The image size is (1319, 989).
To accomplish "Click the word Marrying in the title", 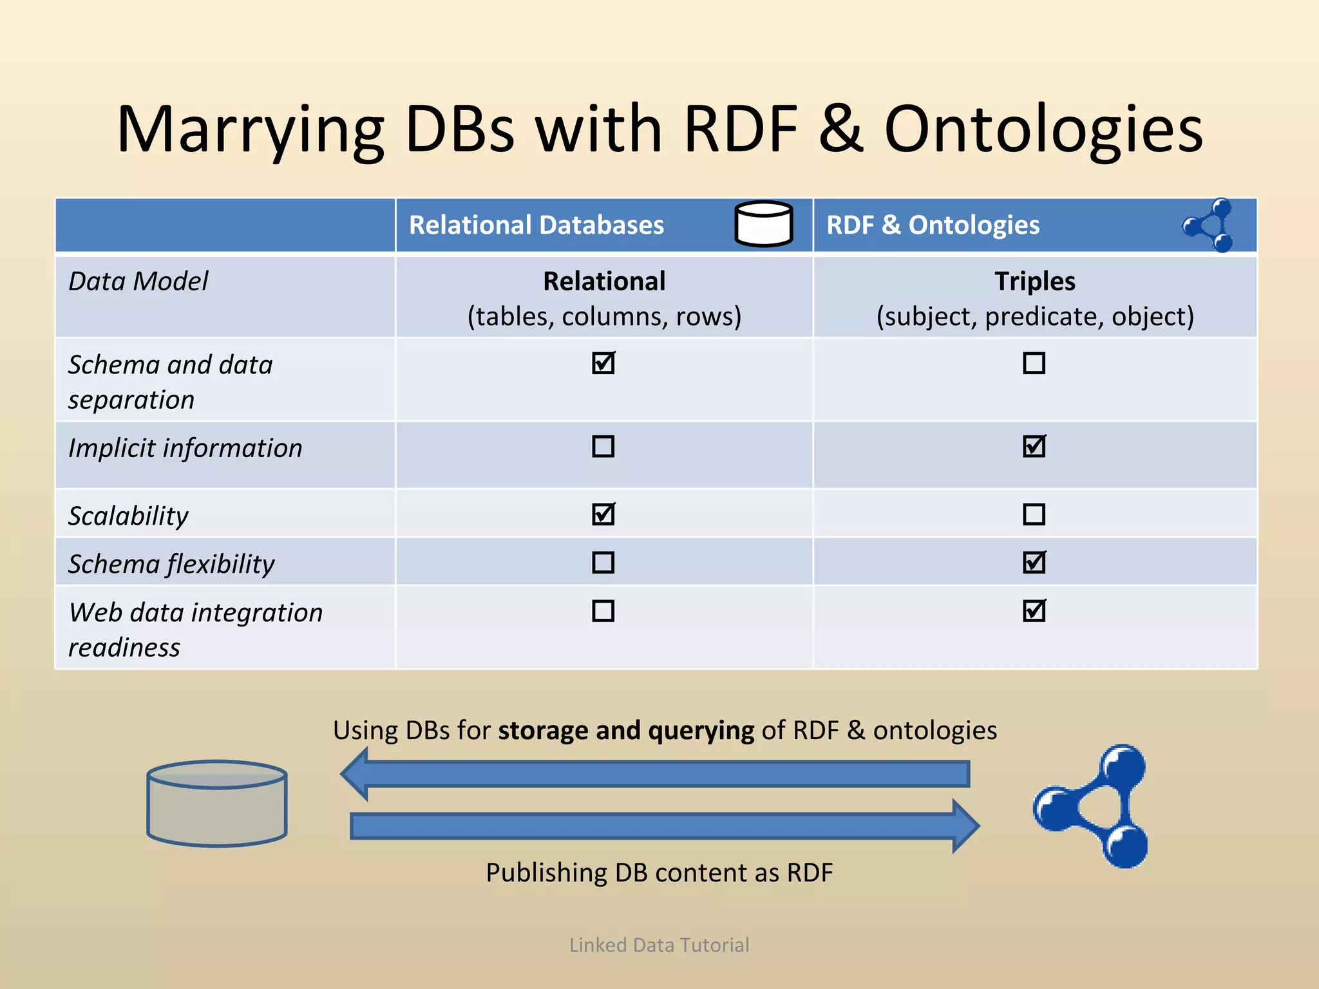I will (x=251, y=130).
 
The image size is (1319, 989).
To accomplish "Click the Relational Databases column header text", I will (x=536, y=225).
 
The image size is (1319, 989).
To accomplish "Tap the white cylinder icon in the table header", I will (x=764, y=224).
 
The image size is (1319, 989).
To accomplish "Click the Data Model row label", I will (x=138, y=281).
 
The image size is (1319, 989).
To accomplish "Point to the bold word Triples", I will (x=1034, y=281).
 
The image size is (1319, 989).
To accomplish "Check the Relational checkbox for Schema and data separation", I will (x=603, y=363).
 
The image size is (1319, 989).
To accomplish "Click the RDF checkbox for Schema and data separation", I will (x=1034, y=363).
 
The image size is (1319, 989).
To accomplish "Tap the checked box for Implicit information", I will (x=1034, y=446).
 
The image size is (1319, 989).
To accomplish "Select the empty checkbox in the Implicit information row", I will (x=603, y=446).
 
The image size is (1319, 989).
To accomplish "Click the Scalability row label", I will (x=129, y=516).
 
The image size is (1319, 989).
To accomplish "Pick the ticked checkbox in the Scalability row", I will (x=603, y=514).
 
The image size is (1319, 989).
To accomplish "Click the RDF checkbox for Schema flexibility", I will (x=1034, y=563).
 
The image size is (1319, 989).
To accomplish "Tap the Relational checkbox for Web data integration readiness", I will (x=603, y=610).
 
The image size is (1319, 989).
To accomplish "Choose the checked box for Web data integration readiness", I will (x=1034, y=610).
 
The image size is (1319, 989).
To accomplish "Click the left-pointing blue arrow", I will (x=654, y=774).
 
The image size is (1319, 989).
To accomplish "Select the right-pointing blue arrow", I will (x=663, y=826).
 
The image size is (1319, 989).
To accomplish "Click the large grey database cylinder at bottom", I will (x=217, y=804).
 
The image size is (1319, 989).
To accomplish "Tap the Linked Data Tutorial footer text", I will (x=659, y=945).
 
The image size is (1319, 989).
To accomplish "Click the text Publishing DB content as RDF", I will (x=659, y=872).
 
